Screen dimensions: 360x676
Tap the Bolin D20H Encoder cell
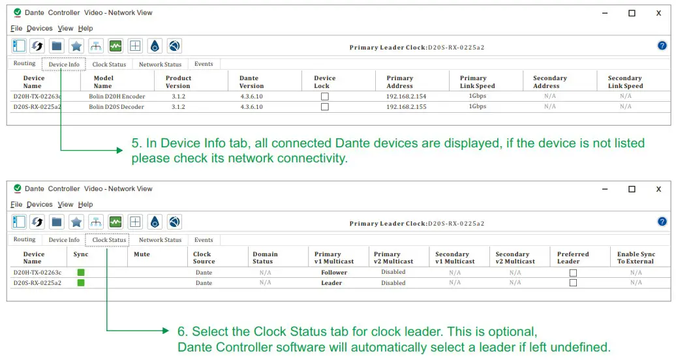(x=117, y=97)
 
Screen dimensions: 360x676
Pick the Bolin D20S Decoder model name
(x=117, y=107)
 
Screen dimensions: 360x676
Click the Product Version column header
(x=177, y=82)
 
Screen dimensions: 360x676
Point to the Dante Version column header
(x=251, y=82)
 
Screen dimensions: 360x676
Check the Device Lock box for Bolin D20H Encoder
(x=324, y=97)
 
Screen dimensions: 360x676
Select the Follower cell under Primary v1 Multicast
(x=334, y=273)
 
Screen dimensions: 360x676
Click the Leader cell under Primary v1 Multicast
(x=331, y=283)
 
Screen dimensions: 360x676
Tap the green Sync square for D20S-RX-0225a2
(x=81, y=283)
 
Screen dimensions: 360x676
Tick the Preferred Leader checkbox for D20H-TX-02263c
(x=573, y=273)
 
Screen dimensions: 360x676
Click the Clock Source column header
(x=204, y=258)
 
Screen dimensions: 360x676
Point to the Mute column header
(x=142, y=254)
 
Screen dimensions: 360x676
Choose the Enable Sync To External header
(x=636, y=258)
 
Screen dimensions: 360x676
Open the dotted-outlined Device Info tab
(x=64, y=65)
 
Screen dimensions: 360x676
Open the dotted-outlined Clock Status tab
(x=109, y=240)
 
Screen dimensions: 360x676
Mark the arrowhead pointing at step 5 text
(x=119, y=150)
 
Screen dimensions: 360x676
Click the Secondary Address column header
(x=546, y=82)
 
